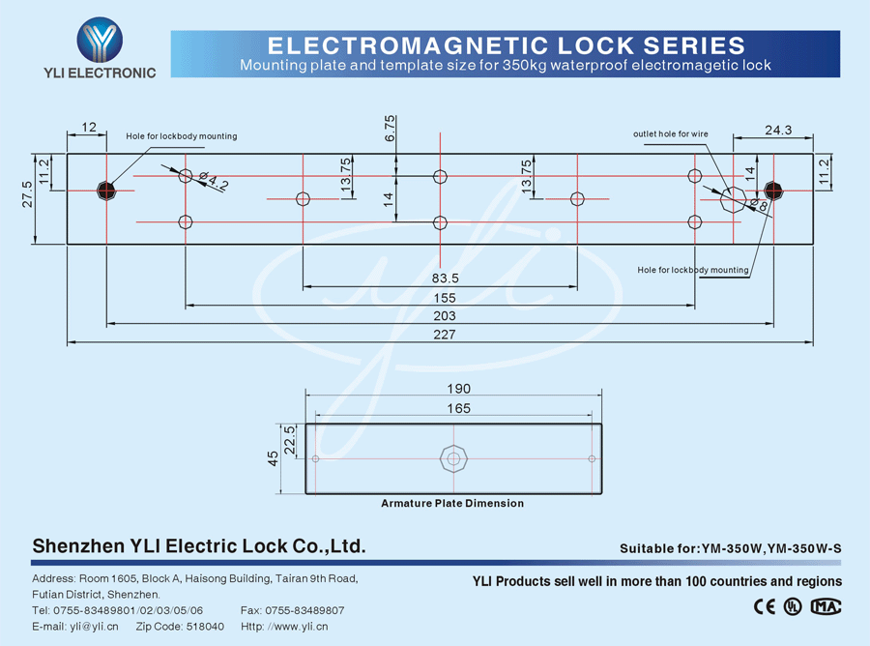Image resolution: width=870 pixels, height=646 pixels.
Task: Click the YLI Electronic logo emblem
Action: click(101, 41)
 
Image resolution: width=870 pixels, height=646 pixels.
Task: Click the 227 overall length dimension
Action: click(445, 335)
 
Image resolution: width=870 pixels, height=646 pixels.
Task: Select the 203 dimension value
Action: click(445, 316)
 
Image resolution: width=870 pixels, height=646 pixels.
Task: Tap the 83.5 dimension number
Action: click(445, 279)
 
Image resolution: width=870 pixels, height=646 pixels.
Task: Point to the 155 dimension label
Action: click(445, 299)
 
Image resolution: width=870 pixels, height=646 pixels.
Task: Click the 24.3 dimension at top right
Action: click(778, 130)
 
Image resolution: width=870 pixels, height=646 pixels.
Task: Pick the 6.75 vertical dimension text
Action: click(391, 130)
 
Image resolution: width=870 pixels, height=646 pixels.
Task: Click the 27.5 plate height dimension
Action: click(27, 193)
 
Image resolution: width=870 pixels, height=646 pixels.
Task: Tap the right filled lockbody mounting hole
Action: click(772, 190)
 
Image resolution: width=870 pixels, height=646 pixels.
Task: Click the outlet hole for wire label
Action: click(671, 133)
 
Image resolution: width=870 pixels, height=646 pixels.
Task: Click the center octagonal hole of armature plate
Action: click(452, 457)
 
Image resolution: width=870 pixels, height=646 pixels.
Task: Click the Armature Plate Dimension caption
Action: click(452, 503)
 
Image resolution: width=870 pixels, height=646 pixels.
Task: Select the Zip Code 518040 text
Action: click(180, 627)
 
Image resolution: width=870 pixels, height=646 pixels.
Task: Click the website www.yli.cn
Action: click(301, 627)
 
